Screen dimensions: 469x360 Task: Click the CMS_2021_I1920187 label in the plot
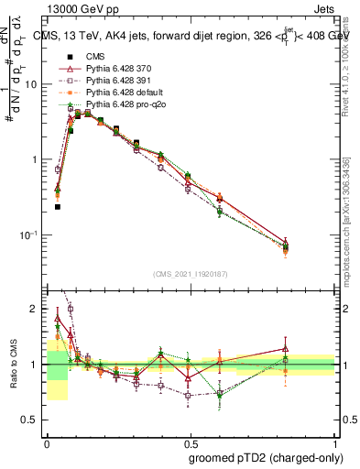191,275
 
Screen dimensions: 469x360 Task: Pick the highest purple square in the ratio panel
71,309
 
